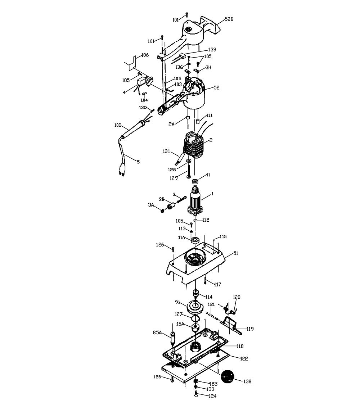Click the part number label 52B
pyautogui.click(x=229, y=19)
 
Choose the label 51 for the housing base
pyautogui.click(x=236, y=253)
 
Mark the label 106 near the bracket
pyautogui.click(x=145, y=55)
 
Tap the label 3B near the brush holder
pyautogui.click(x=162, y=199)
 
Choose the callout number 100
pyautogui.click(x=117, y=125)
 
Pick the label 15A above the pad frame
pyautogui.click(x=180, y=324)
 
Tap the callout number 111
pyautogui.click(x=209, y=116)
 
